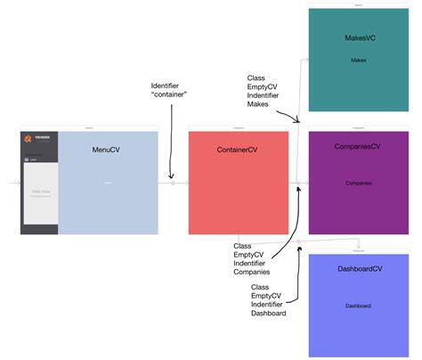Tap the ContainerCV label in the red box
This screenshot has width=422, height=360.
pyautogui.click(x=238, y=151)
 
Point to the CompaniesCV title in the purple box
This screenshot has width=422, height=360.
pyautogui.click(x=358, y=145)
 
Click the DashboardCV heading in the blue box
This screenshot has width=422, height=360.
pyautogui.click(x=358, y=269)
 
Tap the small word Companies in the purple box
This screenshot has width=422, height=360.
pyautogui.click(x=358, y=183)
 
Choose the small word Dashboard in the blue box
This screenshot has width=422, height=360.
pyautogui.click(x=358, y=306)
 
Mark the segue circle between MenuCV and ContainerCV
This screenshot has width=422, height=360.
pyautogui.click(x=173, y=183)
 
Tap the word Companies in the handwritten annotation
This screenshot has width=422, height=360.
pyautogui.click(x=253, y=273)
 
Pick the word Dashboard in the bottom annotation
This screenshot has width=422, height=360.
pyautogui.click(x=270, y=315)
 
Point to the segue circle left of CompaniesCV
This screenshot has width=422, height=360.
pyautogui.click(x=298, y=183)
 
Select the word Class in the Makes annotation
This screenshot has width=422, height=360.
pyautogui.click(x=256, y=78)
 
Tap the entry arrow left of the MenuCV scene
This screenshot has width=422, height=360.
pyautogui.click(x=12, y=183)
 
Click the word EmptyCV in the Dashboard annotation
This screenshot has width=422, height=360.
pyautogui.click(x=265, y=296)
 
